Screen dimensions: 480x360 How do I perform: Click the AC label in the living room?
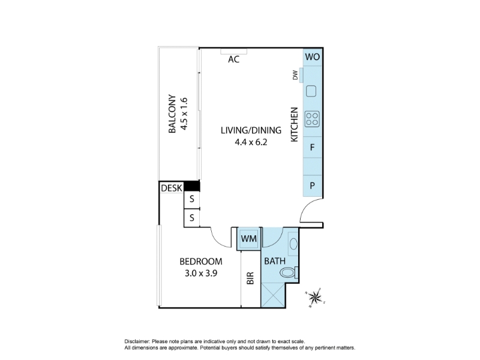tap(233, 59)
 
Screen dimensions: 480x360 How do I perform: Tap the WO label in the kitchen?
tap(312, 57)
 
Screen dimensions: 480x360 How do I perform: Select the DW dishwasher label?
tap(295, 76)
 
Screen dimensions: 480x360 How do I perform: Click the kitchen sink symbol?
tap(311, 91)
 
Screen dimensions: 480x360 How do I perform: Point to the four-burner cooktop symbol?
tap(312, 119)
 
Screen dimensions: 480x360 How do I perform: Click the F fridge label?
tap(312, 148)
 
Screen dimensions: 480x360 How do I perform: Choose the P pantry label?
tap(312, 185)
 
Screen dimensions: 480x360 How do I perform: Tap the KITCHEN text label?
tap(294, 125)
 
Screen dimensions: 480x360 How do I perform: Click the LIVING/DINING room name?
tap(251, 130)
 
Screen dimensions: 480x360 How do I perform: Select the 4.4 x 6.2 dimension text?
tap(251, 142)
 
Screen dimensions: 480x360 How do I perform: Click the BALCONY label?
tap(172, 113)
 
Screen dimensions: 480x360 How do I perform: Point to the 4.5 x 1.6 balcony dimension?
tap(184, 114)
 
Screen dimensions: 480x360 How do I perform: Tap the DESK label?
tap(172, 188)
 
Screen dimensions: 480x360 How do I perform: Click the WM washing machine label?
tap(249, 238)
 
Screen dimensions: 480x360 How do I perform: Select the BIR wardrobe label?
tap(250, 278)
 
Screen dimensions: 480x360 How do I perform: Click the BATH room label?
tap(275, 261)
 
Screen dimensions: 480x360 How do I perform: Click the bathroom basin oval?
tap(293, 244)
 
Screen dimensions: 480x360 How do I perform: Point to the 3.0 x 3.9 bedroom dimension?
tap(201, 273)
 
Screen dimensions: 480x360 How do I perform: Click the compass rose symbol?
tap(314, 297)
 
